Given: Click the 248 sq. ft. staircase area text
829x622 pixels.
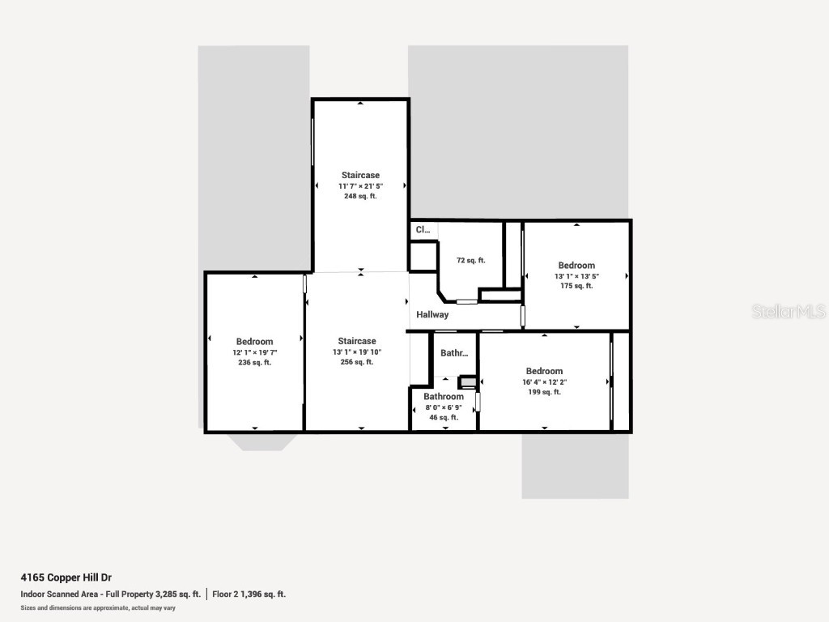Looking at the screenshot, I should (x=360, y=197).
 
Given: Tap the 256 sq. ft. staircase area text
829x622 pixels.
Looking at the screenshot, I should (x=357, y=363).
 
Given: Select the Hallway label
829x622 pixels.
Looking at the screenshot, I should (x=432, y=315).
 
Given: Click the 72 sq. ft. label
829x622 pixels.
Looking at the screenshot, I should (x=470, y=261).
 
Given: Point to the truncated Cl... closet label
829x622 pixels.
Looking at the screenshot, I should (x=423, y=230).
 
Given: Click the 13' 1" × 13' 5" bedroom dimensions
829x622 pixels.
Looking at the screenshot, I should (x=576, y=275).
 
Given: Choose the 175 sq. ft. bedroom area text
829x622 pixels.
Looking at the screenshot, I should (x=576, y=286).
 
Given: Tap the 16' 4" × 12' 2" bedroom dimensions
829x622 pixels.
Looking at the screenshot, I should (x=544, y=381).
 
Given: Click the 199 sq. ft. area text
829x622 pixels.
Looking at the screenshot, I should (x=544, y=392).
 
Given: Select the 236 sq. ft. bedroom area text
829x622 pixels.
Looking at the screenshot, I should (x=254, y=363).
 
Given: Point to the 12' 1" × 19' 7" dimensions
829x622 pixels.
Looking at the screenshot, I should (x=254, y=352).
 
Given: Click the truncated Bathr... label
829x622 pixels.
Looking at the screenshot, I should (x=454, y=354).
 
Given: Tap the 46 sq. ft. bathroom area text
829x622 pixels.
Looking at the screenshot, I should (x=444, y=418).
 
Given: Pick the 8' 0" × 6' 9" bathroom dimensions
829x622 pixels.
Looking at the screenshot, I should (x=444, y=407).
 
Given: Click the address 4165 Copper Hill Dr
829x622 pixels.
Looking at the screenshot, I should (x=66, y=578).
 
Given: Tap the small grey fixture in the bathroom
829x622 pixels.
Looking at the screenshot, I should (x=467, y=381).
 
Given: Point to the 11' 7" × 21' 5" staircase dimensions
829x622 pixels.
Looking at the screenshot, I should (x=360, y=186).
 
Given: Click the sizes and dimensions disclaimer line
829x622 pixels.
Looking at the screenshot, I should (x=98, y=607).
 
